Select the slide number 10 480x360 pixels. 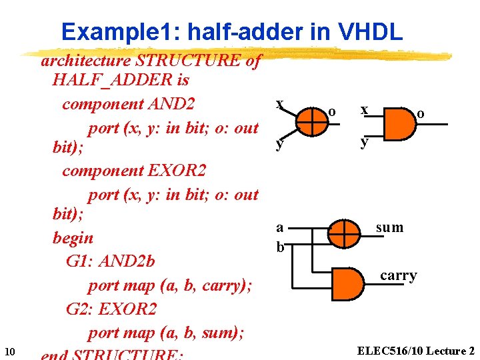click(9, 351)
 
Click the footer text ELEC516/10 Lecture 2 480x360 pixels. click(415, 351)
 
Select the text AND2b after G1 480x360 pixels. click(126, 261)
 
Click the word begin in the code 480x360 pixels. click(73, 238)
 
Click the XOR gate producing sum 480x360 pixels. click(343, 234)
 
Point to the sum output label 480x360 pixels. click(389, 228)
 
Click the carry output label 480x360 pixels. click(399, 275)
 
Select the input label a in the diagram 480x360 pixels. click(279, 227)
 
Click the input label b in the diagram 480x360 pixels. click(280, 247)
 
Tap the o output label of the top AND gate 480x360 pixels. click(420, 114)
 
